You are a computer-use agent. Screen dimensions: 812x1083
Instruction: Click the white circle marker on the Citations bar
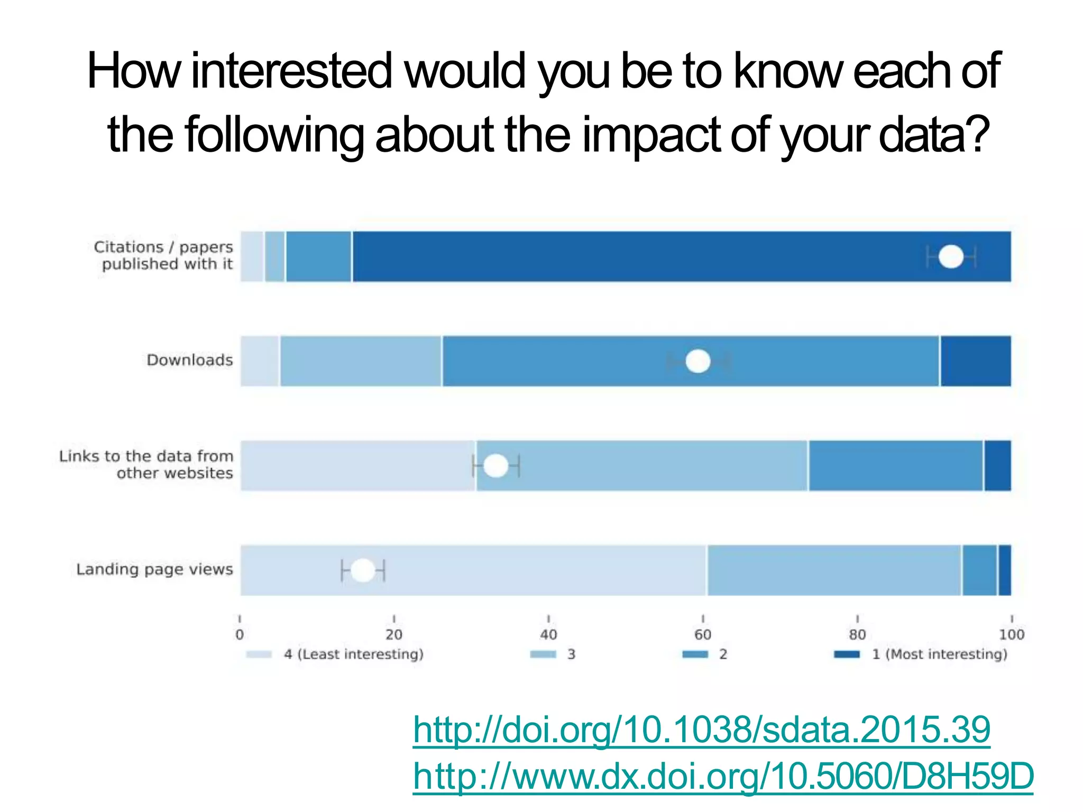pyautogui.click(x=951, y=257)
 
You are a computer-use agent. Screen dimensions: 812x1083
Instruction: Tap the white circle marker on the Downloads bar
pyautogui.click(x=697, y=362)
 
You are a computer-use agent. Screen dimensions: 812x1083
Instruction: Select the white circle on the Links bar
pyautogui.click(x=495, y=466)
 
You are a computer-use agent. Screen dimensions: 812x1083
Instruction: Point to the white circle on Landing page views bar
pyautogui.click(x=363, y=570)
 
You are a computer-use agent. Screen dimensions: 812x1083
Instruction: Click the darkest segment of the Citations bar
pyautogui.click(x=635, y=257)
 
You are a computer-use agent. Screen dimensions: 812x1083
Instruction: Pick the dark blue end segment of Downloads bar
pyautogui.click(x=976, y=362)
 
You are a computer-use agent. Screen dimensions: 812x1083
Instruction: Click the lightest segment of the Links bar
pyautogui.click(x=358, y=466)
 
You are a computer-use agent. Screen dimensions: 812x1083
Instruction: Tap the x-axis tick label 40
pyautogui.click(x=548, y=634)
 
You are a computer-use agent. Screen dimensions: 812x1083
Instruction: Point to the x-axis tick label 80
pyautogui.click(x=857, y=634)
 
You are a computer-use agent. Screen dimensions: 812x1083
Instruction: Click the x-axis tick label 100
pyautogui.click(x=1011, y=634)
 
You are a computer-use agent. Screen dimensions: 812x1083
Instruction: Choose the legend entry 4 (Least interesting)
pyautogui.click(x=353, y=654)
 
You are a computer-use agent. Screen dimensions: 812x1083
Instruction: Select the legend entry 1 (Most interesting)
pyautogui.click(x=939, y=654)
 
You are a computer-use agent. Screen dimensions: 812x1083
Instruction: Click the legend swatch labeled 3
pyautogui.click(x=543, y=654)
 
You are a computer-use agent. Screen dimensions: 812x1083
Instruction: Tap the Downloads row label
pyautogui.click(x=189, y=360)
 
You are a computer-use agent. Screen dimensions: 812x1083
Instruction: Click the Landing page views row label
pyautogui.click(x=154, y=569)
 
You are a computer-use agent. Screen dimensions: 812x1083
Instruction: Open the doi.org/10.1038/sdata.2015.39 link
pyautogui.click(x=701, y=730)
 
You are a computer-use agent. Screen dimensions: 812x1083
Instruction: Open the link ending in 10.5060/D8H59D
pyautogui.click(x=723, y=776)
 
